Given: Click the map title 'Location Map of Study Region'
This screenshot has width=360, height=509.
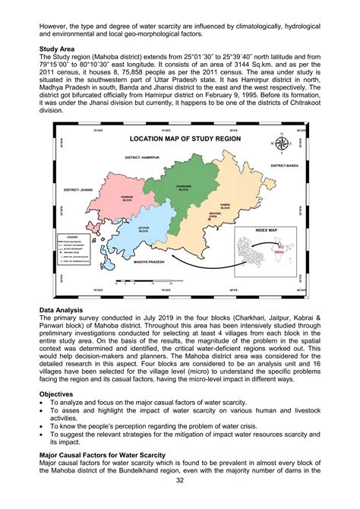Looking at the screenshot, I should click(185, 139).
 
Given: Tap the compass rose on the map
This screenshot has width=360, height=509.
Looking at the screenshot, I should click(280, 144).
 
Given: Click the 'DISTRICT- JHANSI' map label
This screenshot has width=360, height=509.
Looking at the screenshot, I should click(83, 190).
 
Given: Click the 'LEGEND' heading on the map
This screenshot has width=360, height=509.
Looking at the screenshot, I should click(74, 237).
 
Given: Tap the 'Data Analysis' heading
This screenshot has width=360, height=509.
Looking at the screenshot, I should click(62, 311).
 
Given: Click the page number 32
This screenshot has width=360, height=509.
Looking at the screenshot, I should click(180, 501).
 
